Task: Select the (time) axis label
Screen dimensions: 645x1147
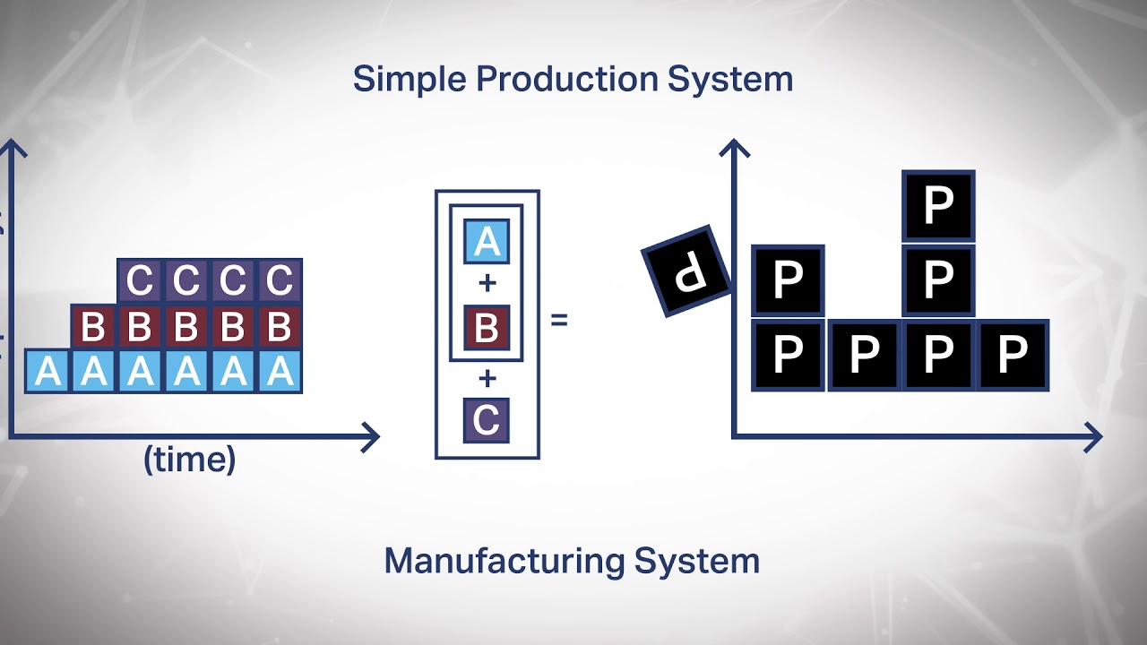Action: coord(190,460)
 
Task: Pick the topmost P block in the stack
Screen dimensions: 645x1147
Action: coord(938,207)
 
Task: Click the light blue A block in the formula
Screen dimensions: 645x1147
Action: coord(487,241)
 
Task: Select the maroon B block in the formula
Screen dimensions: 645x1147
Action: coord(487,328)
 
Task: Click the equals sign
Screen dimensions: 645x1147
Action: coord(559,319)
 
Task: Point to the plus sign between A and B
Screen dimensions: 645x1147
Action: coord(487,284)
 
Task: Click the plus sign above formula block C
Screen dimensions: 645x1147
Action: coord(487,376)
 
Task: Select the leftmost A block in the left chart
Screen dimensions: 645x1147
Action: coord(47,371)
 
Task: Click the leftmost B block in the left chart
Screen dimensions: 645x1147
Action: coord(94,328)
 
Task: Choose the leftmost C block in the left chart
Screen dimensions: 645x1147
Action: coord(141,281)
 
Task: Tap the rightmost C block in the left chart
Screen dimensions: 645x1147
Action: coord(280,281)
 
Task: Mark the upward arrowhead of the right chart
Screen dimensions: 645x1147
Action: coord(734,148)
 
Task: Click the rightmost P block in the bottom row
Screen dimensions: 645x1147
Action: coord(1013,356)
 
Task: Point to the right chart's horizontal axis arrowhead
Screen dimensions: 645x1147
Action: coord(1093,437)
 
